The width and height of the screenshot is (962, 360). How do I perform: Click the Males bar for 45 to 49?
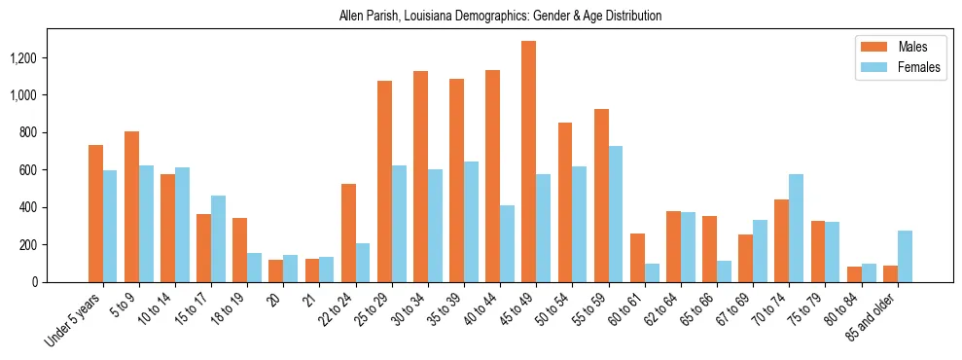[x=529, y=162]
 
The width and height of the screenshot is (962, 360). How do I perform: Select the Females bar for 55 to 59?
[x=616, y=214]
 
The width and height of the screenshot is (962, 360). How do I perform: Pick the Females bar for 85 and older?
[x=905, y=256]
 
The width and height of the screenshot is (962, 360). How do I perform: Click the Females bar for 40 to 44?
[x=508, y=243]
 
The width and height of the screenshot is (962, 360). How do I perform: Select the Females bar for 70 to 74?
[x=797, y=228]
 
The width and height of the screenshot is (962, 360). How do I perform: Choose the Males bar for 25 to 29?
[x=384, y=181]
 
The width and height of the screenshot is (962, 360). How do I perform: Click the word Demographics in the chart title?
[x=492, y=17]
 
